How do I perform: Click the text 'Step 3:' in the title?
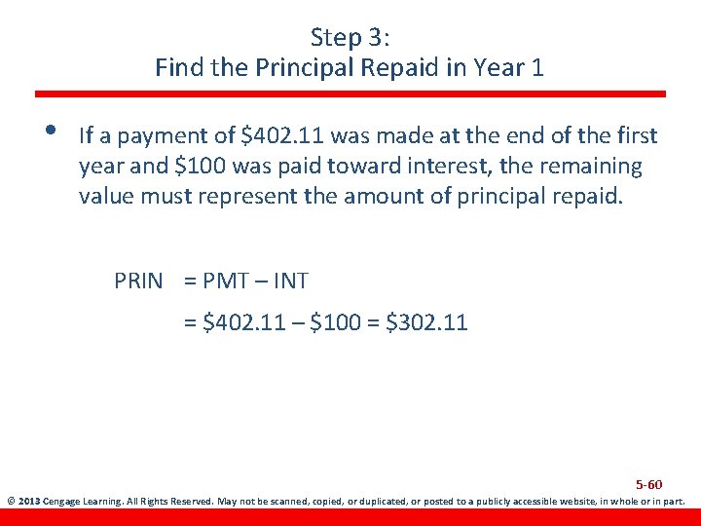click(x=350, y=38)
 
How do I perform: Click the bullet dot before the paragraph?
click(x=50, y=132)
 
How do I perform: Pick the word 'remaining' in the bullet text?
click(x=584, y=166)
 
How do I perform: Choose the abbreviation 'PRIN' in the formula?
click(x=139, y=282)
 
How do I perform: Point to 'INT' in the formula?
click(x=291, y=282)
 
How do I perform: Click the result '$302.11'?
click(x=427, y=322)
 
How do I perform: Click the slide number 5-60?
click(x=648, y=484)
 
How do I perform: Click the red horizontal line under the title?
click(x=350, y=94)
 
